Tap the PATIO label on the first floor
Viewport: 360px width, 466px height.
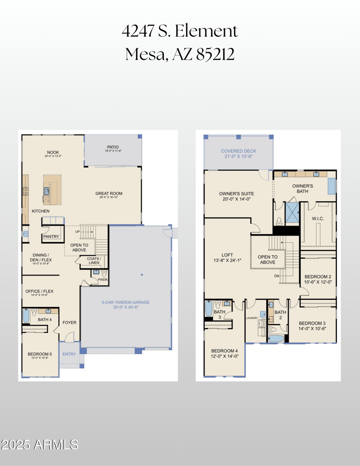[x=112, y=147]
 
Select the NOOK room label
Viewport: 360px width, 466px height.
[x=53, y=152]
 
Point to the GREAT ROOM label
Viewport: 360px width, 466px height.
[x=108, y=194]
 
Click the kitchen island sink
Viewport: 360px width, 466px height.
[x=47, y=191]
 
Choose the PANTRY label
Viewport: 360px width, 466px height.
[x=51, y=236]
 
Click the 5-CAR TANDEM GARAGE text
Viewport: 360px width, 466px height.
[x=125, y=302]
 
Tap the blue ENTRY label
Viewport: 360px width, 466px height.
[x=69, y=354]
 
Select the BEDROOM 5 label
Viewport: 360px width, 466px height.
[x=40, y=354]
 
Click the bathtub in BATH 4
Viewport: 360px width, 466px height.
[x=26, y=316]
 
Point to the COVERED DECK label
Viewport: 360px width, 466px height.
[x=238, y=151]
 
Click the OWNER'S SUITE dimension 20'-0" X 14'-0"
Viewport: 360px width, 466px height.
[x=234, y=199]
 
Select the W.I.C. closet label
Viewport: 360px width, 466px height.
[x=318, y=219]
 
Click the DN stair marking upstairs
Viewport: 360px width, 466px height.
[x=277, y=276]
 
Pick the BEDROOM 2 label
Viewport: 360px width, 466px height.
[x=318, y=276]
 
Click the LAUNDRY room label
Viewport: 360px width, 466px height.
[x=251, y=317]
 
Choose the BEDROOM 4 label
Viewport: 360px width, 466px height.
[x=224, y=351]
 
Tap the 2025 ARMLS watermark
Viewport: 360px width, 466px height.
[x=40, y=445]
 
